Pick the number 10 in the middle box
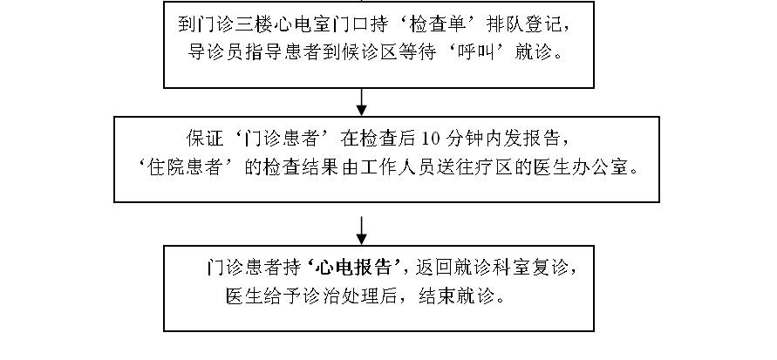click(x=431, y=138)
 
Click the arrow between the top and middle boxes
click(x=362, y=104)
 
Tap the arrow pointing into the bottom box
click(x=362, y=230)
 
